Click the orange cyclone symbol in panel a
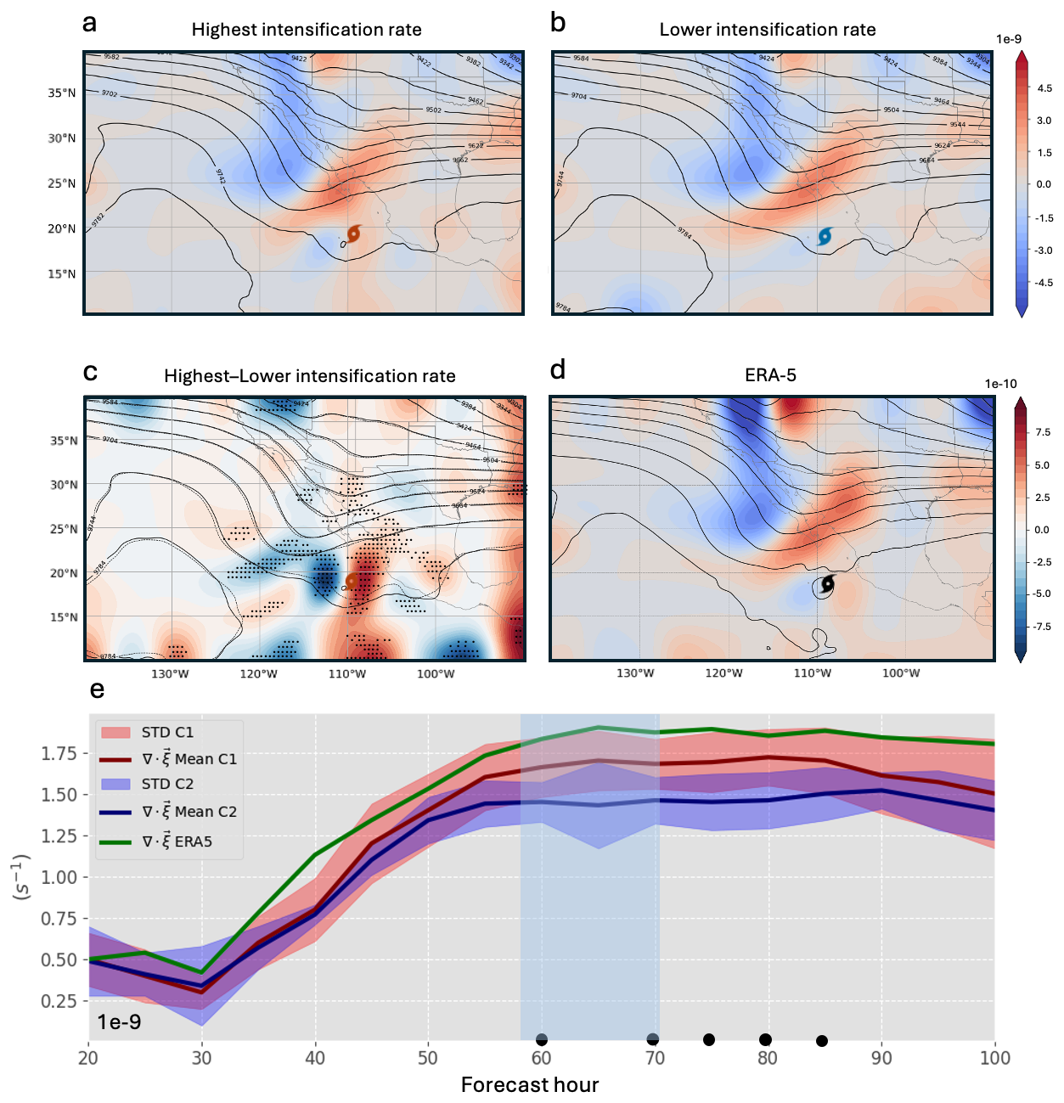coord(354,234)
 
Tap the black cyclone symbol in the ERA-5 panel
coord(827,583)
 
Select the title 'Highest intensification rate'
coord(307,30)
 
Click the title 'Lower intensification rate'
coord(768,30)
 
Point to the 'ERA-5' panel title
coord(770,375)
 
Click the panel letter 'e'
coord(98,689)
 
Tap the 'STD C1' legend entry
coord(167,732)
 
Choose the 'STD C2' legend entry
coord(167,784)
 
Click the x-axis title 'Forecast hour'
coord(530,1084)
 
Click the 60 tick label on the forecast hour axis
coord(541,1058)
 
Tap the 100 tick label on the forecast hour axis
coord(994,1058)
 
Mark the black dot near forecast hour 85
coord(822,1041)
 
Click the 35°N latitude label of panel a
coord(62,93)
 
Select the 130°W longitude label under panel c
coord(170,674)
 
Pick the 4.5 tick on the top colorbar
coord(1044,88)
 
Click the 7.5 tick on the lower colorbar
coord(1042,432)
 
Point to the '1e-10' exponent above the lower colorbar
coord(1000,384)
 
